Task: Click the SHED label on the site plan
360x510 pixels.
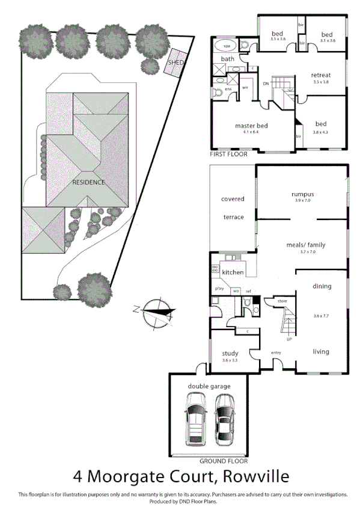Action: pyautogui.click(x=175, y=63)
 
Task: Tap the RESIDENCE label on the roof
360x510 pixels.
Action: pyautogui.click(x=88, y=182)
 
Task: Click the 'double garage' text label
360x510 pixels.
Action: pyautogui.click(x=209, y=386)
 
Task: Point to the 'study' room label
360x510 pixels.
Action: pyautogui.click(x=230, y=353)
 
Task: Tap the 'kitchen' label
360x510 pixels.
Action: pyautogui.click(x=233, y=272)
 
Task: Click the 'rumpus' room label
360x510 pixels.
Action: pyautogui.click(x=303, y=194)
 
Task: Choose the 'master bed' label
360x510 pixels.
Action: pyautogui.click(x=251, y=126)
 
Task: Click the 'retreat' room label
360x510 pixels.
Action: pyautogui.click(x=321, y=75)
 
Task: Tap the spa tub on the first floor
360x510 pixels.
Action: pyautogui.click(x=227, y=46)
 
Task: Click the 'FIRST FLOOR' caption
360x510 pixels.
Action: pyautogui.click(x=228, y=155)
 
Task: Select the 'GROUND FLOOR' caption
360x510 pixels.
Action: pyautogui.click(x=224, y=461)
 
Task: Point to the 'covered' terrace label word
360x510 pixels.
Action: pyautogui.click(x=233, y=199)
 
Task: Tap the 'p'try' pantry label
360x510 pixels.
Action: pyautogui.click(x=219, y=289)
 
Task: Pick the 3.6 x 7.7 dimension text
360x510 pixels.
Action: pyautogui.click(x=322, y=316)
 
